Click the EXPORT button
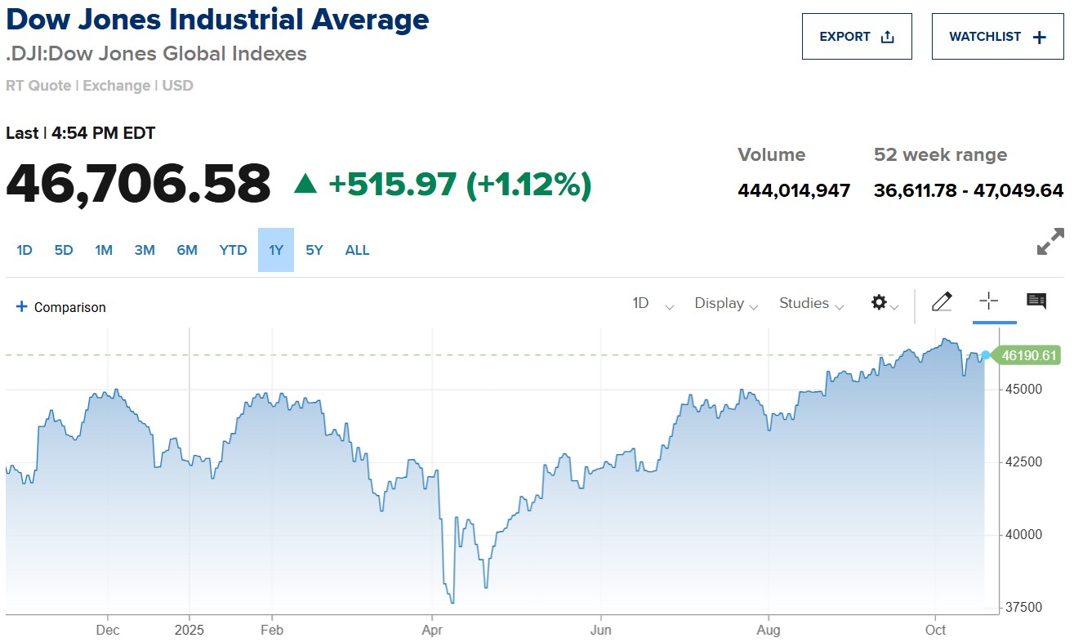tap(856, 37)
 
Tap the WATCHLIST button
tap(997, 37)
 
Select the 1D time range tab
tap(25, 250)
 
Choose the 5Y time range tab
tap(314, 250)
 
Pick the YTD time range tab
tap(233, 250)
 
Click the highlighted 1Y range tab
tap(276, 250)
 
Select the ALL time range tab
tap(357, 250)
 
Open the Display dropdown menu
tap(726, 304)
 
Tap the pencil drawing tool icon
tap(942, 302)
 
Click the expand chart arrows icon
tap(1050, 241)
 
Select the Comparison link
tap(61, 307)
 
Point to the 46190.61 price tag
tap(1029, 355)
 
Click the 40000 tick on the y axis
tap(1023, 535)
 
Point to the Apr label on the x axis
tap(431, 630)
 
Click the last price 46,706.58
tap(138, 184)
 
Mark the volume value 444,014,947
tap(794, 191)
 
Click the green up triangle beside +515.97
tap(305, 185)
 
